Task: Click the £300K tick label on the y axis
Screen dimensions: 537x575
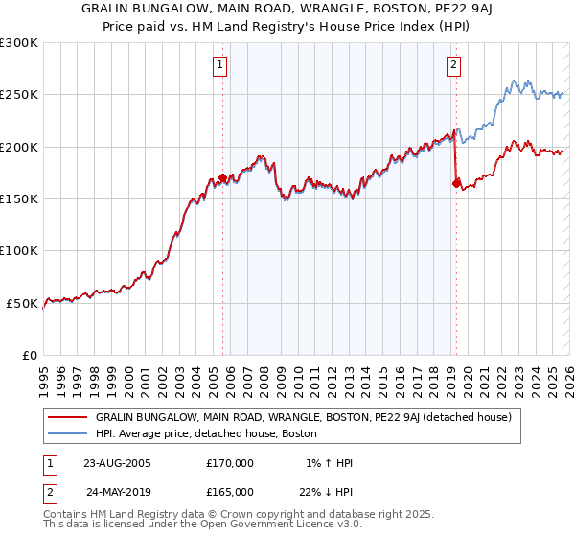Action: tap(18, 43)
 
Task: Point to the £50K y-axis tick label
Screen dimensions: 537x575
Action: tap(22, 303)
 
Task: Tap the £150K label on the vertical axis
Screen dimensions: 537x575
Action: tap(18, 199)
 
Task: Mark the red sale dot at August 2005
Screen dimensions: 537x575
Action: tap(223, 178)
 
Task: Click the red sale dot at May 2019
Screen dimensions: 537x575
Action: tap(456, 183)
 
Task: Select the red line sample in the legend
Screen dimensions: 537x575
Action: tap(67, 418)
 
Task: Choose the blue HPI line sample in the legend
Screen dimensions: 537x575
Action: tap(67, 433)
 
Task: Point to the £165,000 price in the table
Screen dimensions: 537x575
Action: tap(230, 491)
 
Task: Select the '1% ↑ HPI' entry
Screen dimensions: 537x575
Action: tap(328, 463)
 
